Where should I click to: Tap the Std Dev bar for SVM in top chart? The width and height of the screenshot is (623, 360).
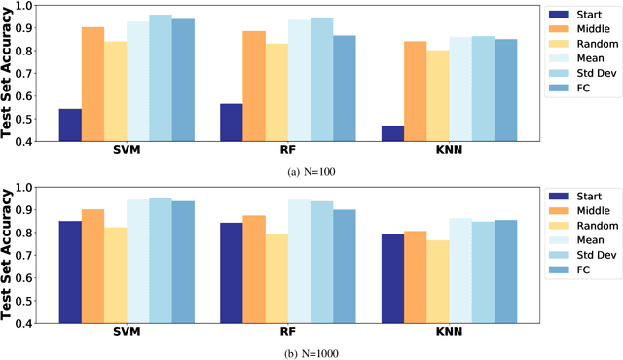pyautogui.click(x=160, y=78)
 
